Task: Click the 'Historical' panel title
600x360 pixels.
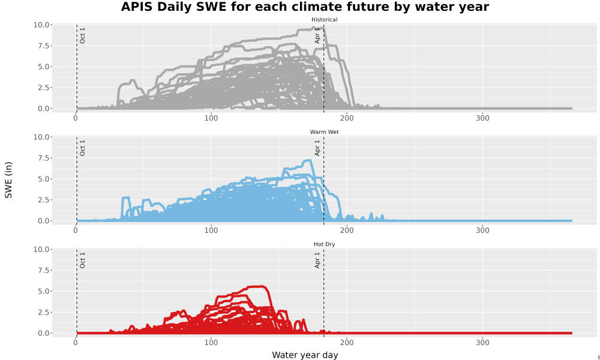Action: pos(324,20)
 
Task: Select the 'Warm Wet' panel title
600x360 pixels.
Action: pos(324,132)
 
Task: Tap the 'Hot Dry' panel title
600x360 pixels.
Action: pos(324,244)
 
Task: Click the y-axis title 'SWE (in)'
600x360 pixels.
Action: pos(8,180)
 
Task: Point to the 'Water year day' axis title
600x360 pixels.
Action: pos(305,355)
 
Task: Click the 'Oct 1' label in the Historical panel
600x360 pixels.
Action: pos(82,35)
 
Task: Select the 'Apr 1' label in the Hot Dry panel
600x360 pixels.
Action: pos(317,260)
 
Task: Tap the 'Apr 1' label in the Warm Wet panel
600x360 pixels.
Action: pos(317,148)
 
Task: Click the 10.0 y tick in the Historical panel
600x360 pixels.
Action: pos(41,25)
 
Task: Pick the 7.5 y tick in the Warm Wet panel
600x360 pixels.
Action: pos(43,158)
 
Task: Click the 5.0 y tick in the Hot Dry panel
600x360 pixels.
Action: pos(43,291)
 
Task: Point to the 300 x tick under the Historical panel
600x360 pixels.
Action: pos(482,118)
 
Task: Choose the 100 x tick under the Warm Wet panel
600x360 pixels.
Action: pos(211,230)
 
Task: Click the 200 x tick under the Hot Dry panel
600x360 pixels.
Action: pos(347,343)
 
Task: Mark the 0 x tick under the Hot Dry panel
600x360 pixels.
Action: pos(76,343)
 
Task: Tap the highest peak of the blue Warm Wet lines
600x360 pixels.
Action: pos(308,160)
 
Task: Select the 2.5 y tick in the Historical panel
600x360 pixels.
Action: pos(43,88)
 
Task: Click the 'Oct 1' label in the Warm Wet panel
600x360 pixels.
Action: pos(82,148)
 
